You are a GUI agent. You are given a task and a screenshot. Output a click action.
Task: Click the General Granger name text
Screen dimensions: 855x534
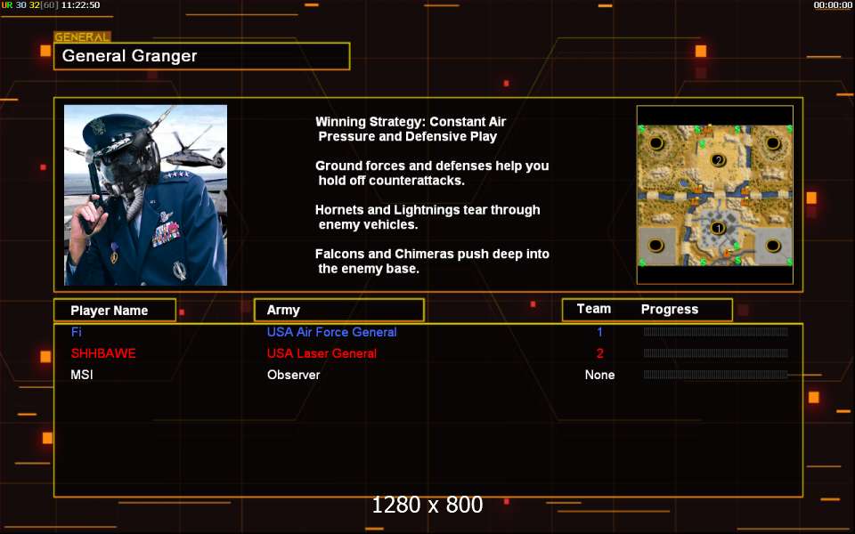(129, 56)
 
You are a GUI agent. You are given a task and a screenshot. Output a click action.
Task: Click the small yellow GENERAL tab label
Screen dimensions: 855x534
(82, 37)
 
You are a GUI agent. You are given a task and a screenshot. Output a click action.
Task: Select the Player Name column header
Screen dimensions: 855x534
(109, 311)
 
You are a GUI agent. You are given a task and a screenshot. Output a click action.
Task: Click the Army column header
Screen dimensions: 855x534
(283, 310)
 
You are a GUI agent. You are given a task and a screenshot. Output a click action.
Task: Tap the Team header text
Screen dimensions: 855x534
(594, 309)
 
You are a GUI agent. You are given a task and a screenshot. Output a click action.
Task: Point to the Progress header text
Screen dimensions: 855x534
(670, 310)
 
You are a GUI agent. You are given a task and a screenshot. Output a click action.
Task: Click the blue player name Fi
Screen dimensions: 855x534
(76, 332)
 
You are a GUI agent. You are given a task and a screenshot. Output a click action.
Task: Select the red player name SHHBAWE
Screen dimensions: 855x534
(103, 353)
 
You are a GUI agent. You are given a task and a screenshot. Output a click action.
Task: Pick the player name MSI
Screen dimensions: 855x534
(82, 375)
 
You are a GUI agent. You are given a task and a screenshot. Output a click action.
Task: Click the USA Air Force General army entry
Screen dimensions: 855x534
(331, 332)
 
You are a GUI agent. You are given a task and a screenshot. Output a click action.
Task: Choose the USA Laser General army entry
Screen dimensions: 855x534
(322, 353)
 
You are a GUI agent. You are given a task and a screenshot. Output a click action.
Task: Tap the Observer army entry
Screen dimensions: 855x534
(293, 375)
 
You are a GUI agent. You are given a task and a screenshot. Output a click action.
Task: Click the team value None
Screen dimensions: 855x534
(599, 375)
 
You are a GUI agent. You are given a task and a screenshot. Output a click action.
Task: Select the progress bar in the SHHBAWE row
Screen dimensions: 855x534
(715, 353)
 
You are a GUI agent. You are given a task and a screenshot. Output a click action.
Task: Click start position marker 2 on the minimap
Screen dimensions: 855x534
(719, 160)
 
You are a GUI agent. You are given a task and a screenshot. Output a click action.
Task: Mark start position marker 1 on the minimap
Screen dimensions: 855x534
(718, 229)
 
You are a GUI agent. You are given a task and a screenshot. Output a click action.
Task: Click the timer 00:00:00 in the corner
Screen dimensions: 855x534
(833, 5)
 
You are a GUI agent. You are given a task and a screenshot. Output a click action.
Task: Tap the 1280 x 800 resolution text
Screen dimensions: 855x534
(427, 505)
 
